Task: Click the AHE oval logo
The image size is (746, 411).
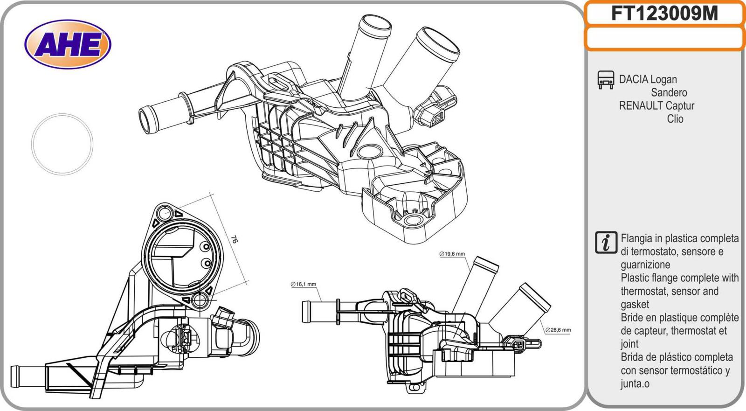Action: coord(68,44)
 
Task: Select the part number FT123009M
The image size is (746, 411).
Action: coord(664,14)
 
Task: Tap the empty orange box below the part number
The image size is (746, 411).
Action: coord(664,38)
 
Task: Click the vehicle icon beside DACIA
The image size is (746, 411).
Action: coord(606,80)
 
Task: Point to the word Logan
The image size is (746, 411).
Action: coord(663,79)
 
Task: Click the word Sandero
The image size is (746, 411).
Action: coord(669,92)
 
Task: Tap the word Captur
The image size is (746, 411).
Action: coord(680,106)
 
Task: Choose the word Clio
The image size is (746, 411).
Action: coord(675,119)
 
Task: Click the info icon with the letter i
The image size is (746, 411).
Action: coord(606,242)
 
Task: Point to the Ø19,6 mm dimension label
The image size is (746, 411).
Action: coord(452,254)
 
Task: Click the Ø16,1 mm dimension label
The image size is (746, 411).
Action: coord(304,284)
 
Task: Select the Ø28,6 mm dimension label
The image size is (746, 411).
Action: coord(558,330)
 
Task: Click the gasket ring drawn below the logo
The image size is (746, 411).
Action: coord(62,144)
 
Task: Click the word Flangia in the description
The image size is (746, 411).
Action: coord(636,238)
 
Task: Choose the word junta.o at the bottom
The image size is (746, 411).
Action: coord(635,384)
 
